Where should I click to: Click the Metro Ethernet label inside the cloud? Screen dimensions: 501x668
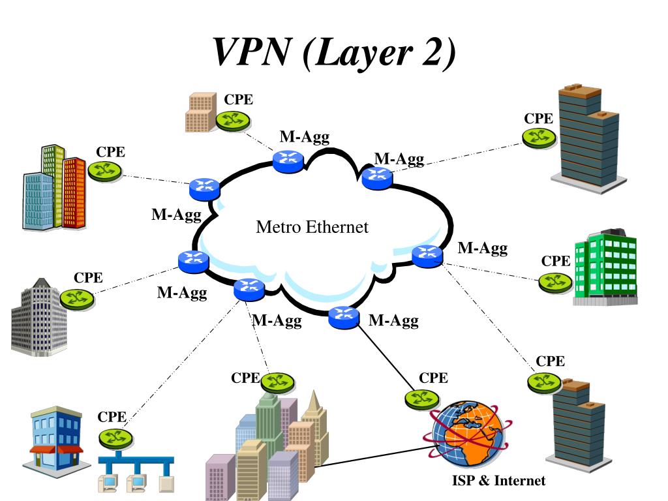312,227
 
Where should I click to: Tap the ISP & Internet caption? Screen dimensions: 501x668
498,481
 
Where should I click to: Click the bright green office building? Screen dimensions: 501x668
604,267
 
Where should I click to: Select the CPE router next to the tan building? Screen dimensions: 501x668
233,121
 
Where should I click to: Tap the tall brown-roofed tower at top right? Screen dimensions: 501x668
588,140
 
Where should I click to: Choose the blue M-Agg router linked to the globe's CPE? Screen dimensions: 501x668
343,317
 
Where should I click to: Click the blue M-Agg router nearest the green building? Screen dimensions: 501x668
427,256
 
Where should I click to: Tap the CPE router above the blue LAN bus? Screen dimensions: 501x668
115,436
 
